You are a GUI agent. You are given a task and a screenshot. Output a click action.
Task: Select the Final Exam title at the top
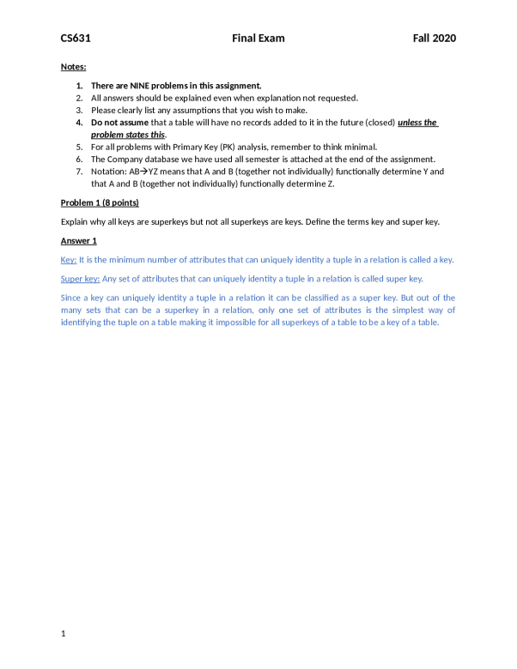coord(258,39)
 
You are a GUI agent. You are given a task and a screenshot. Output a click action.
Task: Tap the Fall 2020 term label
coord(433,39)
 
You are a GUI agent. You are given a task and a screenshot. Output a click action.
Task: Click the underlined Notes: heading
coord(73,67)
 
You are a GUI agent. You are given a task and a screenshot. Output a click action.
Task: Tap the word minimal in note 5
coord(358,148)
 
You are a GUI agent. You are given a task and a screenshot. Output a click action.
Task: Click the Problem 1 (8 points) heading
coord(100,202)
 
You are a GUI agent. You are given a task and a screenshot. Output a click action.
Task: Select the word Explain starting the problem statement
coord(76,222)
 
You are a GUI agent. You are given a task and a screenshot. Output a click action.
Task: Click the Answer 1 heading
coord(78,241)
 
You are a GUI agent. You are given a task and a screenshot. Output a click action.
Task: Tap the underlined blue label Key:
coord(69,260)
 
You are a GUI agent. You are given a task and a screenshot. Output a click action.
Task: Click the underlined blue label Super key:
coord(80,279)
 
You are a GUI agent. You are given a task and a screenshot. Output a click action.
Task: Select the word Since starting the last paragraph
coord(72,298)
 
